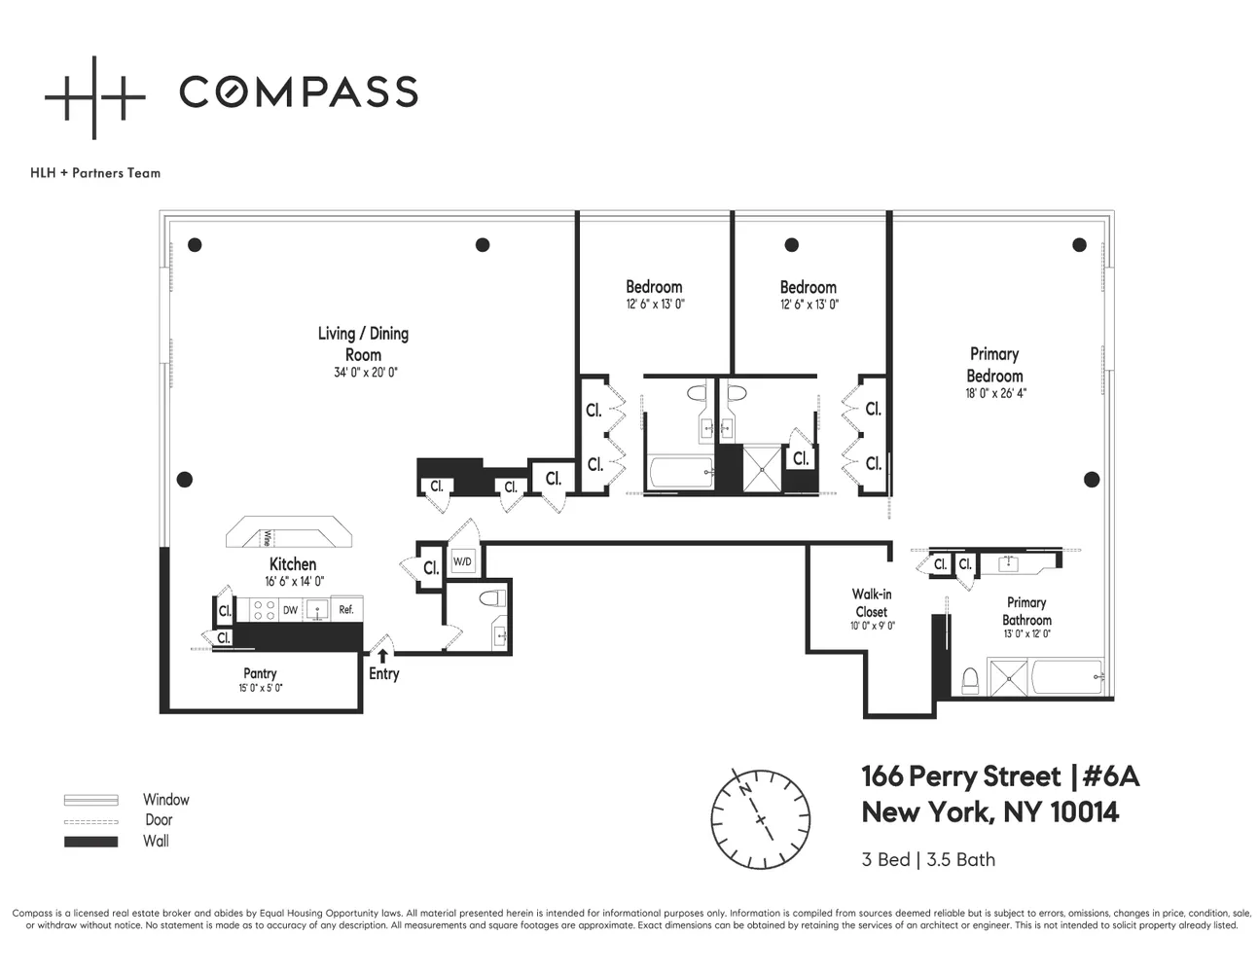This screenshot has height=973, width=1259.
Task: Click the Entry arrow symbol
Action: [x=383, y=656]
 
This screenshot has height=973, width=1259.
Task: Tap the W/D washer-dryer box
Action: [x=462, y=561]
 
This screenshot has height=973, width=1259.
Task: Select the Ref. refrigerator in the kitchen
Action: [x=346, y=609]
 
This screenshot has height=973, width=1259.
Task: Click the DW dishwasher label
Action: [x=290, y=610]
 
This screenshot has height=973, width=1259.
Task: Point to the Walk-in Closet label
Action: [x=872, y=603]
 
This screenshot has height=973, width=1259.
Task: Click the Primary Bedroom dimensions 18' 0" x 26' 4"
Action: [x=995, y=393]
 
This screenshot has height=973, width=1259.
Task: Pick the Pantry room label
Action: [x=260, y=673]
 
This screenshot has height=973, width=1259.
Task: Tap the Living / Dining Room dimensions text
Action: [x=366, y=373]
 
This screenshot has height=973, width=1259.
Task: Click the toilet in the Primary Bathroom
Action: [x=970, y=681]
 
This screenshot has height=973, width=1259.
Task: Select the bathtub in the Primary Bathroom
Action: [x=1067, y=676]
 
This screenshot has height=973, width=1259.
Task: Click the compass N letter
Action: [x=745, y=789]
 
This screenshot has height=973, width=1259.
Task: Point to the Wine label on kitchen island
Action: [x=267, y=539]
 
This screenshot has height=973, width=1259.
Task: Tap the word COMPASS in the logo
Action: [x=299, y=91]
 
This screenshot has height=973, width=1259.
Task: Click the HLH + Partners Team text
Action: [x=95, y=173]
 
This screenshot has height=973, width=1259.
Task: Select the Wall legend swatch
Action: [x=90, y=842]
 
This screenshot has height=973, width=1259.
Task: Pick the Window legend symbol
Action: [x=90, y=800]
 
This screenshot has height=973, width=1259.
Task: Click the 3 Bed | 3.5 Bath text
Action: [x=928, y=859]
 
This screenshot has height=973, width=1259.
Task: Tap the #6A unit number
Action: [x=1111, y=776]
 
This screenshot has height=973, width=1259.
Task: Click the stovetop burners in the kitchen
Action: [x=265, y=610]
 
